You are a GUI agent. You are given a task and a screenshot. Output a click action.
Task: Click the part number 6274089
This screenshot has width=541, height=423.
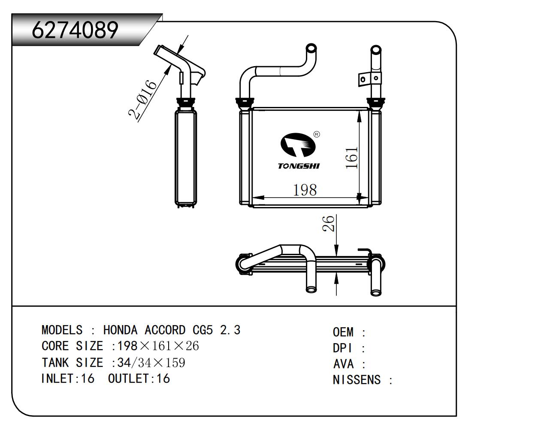coord(75,30)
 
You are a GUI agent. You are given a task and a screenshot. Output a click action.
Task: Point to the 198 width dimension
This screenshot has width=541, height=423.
coord(305,189)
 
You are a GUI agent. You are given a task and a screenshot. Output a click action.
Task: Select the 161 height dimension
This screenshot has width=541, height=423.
coord(351,158)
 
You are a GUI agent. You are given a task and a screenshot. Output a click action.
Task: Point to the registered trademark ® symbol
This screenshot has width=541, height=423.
coord(317,134)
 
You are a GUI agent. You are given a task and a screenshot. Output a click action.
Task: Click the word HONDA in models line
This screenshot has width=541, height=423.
coord(121,330)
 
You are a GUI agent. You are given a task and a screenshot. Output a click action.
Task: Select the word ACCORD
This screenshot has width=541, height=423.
coord(165,330)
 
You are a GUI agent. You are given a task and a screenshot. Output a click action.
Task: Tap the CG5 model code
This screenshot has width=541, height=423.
coord(202,330)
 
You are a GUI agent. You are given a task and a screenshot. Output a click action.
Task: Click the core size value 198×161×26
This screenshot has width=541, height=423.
coord(158,346)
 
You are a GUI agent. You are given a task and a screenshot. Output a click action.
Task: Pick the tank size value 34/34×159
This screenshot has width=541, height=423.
coord(151,362)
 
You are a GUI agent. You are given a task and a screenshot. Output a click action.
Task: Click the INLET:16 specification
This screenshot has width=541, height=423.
coord(67,378)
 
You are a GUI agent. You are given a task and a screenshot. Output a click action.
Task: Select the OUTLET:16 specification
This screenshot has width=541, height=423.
coord(139,378)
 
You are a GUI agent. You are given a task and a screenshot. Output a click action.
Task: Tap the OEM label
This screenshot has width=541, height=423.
coord(343,332)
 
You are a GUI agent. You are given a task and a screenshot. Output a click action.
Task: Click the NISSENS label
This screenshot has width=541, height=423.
coord(357,380)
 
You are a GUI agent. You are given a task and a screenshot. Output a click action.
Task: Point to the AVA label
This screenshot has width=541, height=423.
coord(343,364)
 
